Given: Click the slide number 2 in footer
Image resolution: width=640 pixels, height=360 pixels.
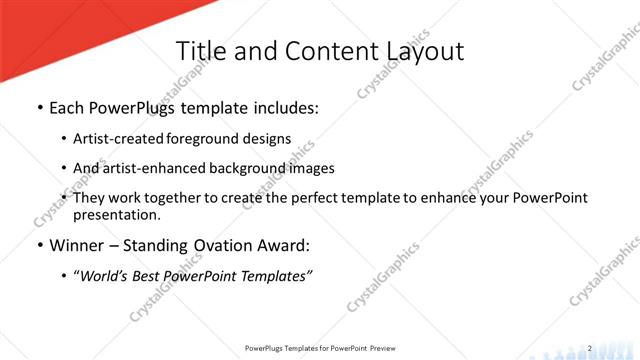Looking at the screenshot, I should [590, 348].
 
